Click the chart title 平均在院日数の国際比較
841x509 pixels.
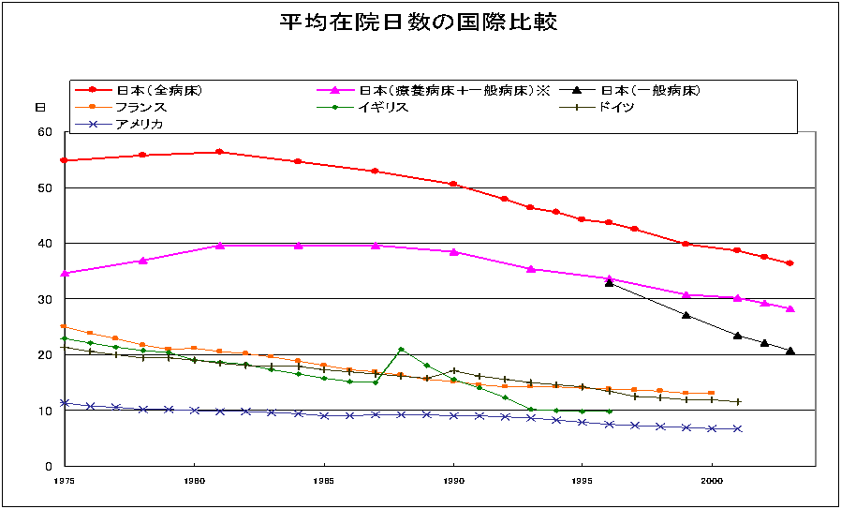coord(419,22)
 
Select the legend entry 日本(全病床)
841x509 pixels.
coord(159,91)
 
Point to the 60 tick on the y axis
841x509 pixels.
coord(45,132)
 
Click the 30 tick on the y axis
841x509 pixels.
coord(45,299)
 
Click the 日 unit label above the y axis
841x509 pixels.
coord(40,108)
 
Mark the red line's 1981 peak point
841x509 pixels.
coord(219,152)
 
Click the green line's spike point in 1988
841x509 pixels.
coord(401,350)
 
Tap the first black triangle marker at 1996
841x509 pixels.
coord(609,282)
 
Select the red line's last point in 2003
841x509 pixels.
coord(789,263)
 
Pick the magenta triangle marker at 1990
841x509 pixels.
coord(453,251)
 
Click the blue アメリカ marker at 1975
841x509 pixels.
coord(65,402)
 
